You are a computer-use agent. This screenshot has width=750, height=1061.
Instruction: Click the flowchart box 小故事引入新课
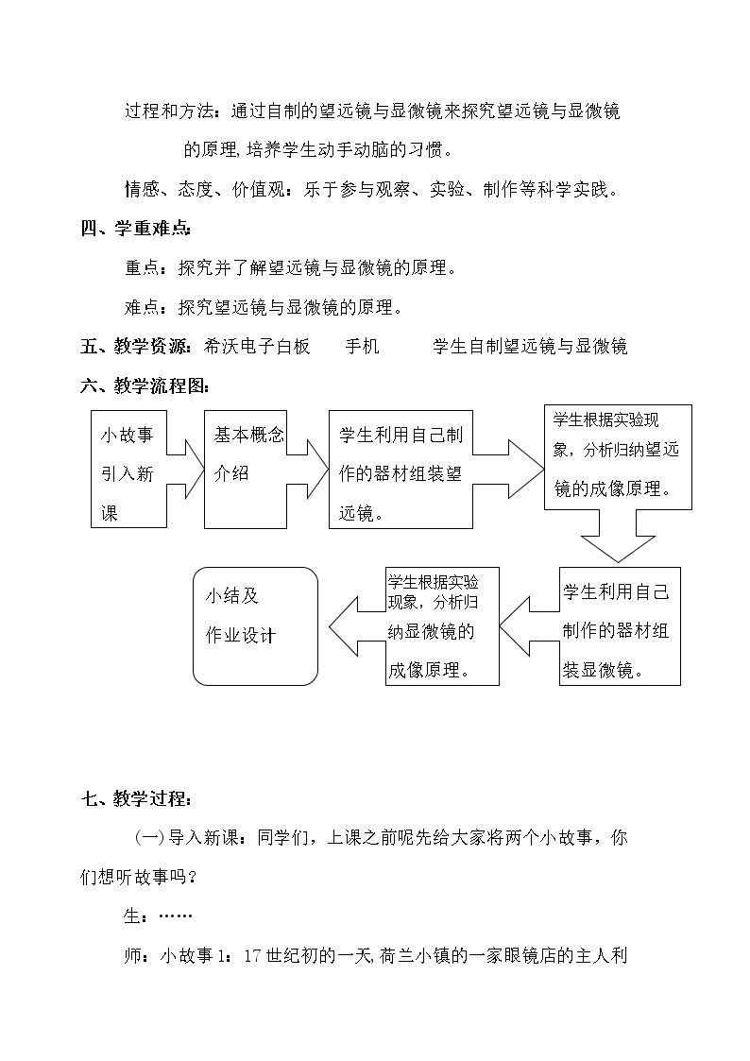[128, 469]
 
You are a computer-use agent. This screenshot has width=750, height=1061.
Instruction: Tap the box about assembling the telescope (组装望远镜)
[401, 469]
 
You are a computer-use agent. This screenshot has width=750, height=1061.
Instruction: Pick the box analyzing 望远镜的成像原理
[618, 456]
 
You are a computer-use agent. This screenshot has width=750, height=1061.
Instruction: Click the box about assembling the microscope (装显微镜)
[620, 625]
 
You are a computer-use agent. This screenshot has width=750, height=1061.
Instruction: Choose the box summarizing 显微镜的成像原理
[442, 625]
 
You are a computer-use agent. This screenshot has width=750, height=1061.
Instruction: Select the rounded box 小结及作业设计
[255, 625]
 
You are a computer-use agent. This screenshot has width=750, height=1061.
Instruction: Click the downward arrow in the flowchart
[618, 536]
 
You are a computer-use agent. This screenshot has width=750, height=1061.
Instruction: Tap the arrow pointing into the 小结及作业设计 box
[357, 625]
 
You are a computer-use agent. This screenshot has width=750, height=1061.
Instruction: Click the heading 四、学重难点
[135, 229]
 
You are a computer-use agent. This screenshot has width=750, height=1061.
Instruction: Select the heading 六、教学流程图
[144, 386]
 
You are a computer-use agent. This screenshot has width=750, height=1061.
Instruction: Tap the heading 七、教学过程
[135, 798]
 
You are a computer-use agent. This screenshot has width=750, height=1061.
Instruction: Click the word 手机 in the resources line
[363, 347]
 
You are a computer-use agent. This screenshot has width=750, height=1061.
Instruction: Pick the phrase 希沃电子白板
[256, 347]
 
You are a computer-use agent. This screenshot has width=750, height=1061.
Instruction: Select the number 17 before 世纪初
[252, 956]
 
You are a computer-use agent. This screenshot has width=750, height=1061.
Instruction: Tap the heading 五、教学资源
[135, 347]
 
